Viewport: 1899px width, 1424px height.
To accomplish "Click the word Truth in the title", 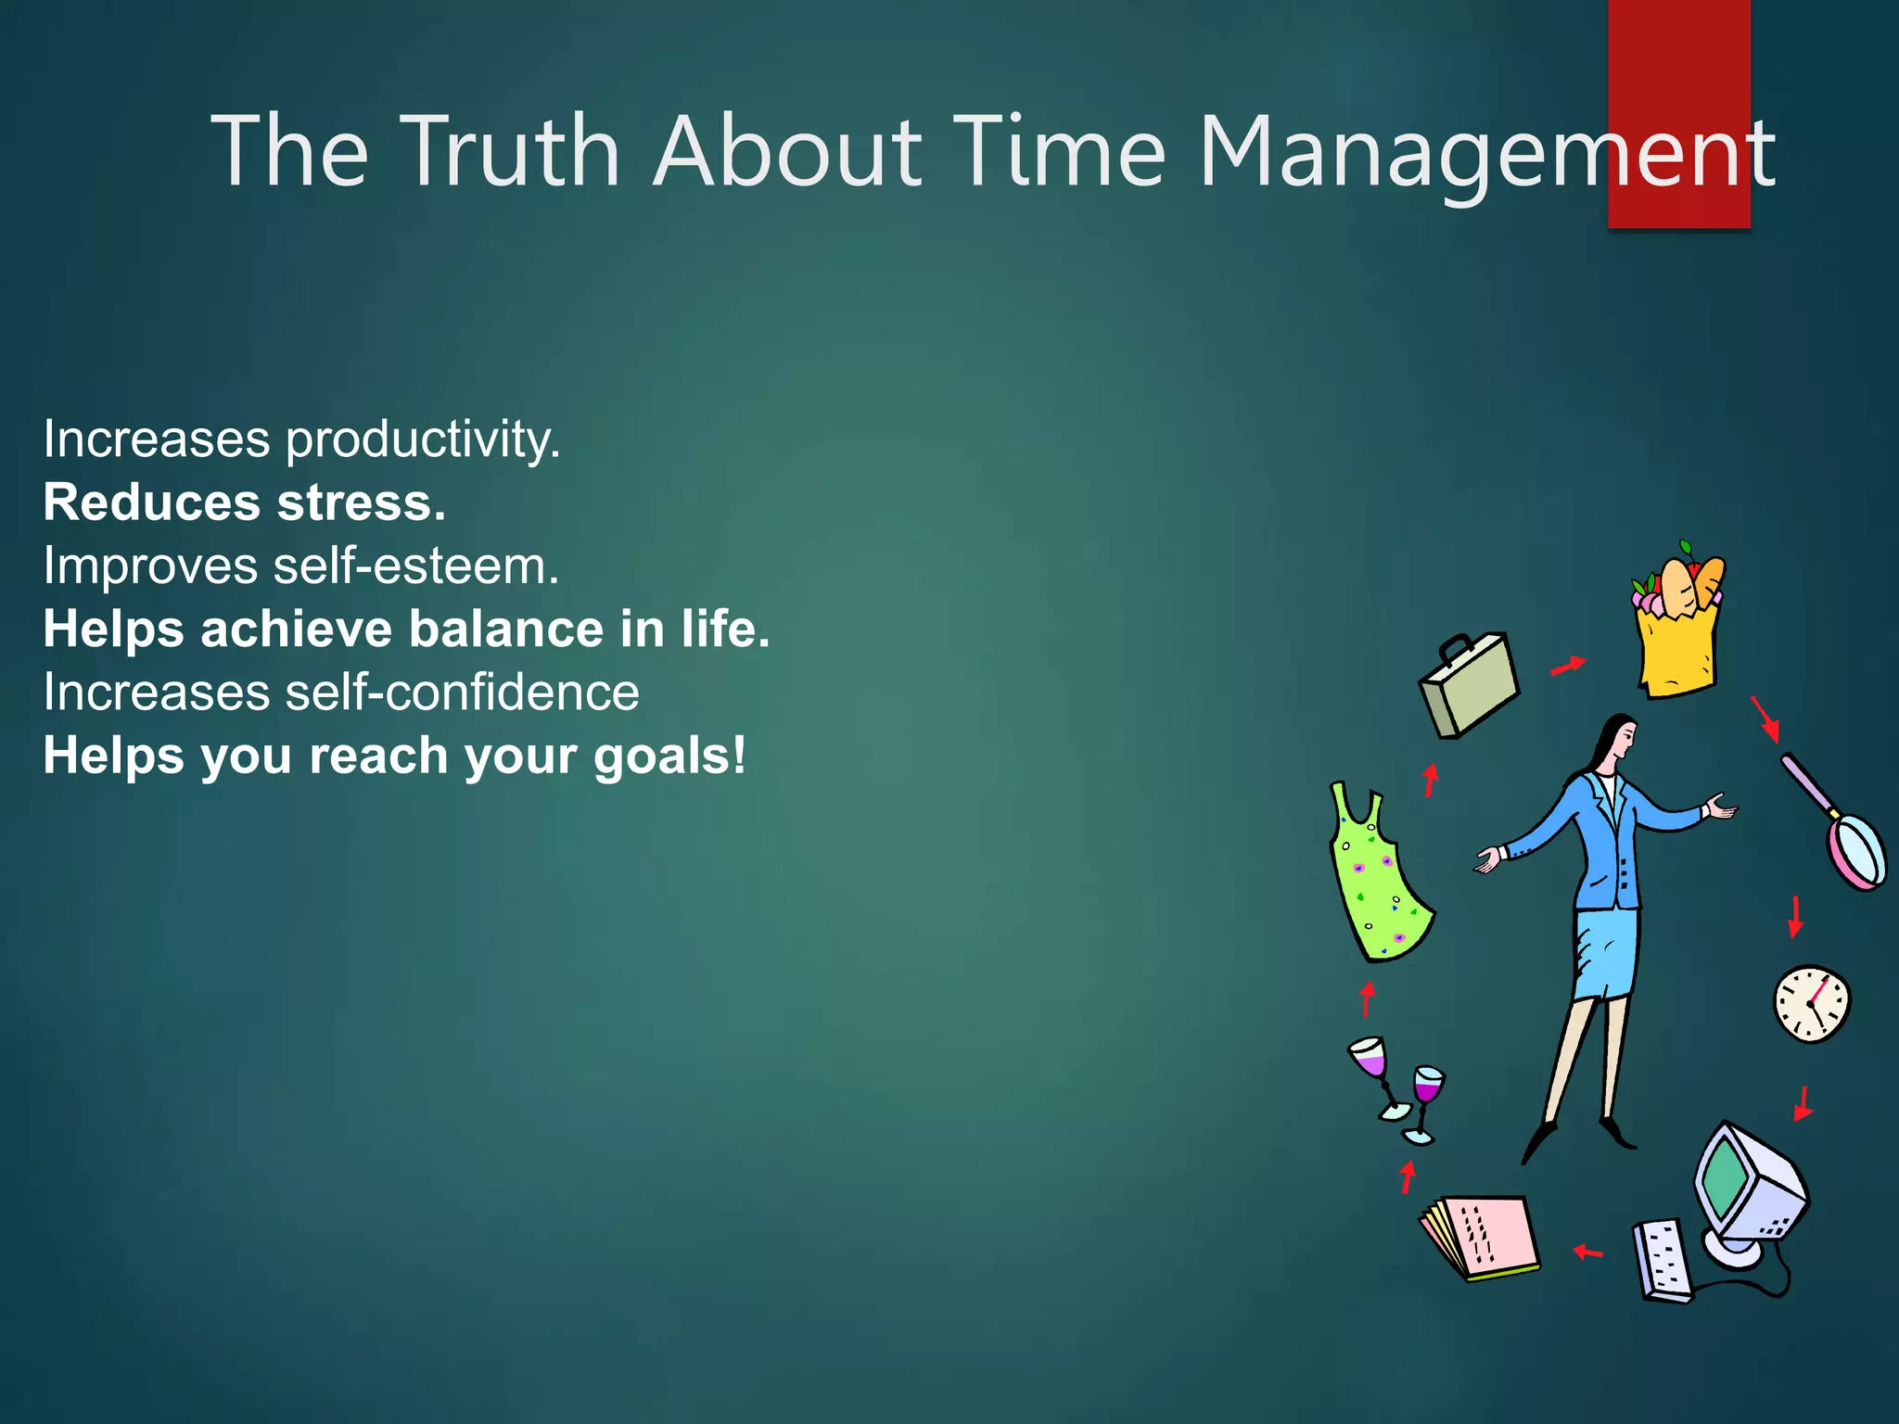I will tap(511, 151).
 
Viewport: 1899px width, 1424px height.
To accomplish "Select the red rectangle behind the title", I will tap(1678, 56).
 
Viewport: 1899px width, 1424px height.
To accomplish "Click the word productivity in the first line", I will tap(423, 440).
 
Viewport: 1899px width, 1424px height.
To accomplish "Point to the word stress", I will tap(362, 503).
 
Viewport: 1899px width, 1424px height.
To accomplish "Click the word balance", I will tap(506, 629).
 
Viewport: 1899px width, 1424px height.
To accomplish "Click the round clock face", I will tap(1811, 1005).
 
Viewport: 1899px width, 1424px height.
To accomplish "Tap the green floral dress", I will tap(1376, 881).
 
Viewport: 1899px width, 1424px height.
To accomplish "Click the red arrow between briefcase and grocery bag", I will tap(1568, 666).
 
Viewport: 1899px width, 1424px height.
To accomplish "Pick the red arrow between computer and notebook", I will tap(1587, 1252).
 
